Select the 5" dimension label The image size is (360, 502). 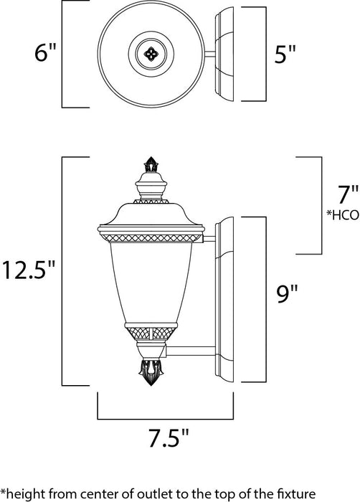point(283,55)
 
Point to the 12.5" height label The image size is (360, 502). point(29,271)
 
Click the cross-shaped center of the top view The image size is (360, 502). point(150,54)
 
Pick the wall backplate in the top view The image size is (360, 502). point(226,54)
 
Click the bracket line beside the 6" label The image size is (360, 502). point(63,54)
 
